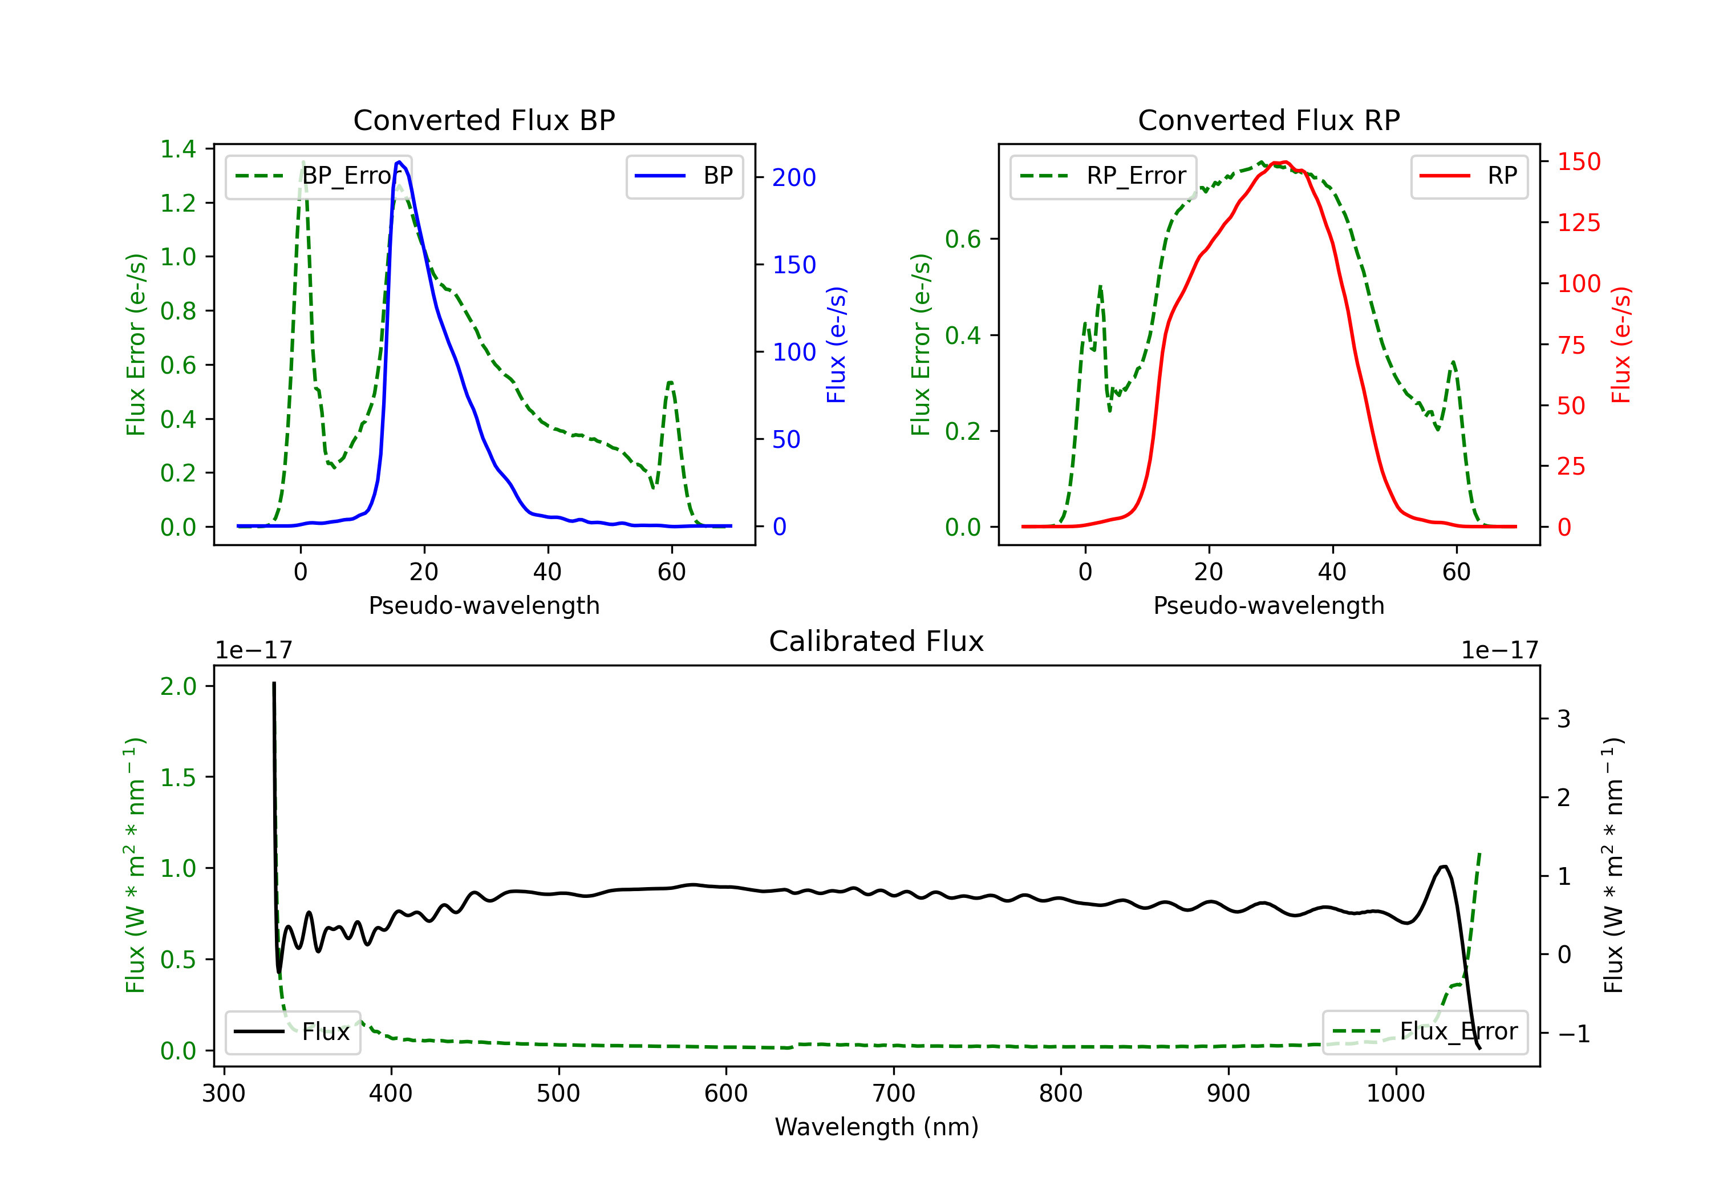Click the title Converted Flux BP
[484, 120]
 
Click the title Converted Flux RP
[1268, 120]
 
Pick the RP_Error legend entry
[1104, 176]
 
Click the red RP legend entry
[1469, 176]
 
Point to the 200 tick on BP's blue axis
[794, 177]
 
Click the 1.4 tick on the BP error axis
[178, 149]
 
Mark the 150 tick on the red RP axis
[1578, 162]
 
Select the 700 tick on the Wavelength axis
[894, 1094]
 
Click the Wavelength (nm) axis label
[877, 1127]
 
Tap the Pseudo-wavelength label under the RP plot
[1268, 605]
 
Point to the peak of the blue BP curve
[399, 162]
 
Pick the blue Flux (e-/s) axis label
[836, 345]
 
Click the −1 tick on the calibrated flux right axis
[1573, 1033]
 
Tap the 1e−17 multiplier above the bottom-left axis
[253, 650]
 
